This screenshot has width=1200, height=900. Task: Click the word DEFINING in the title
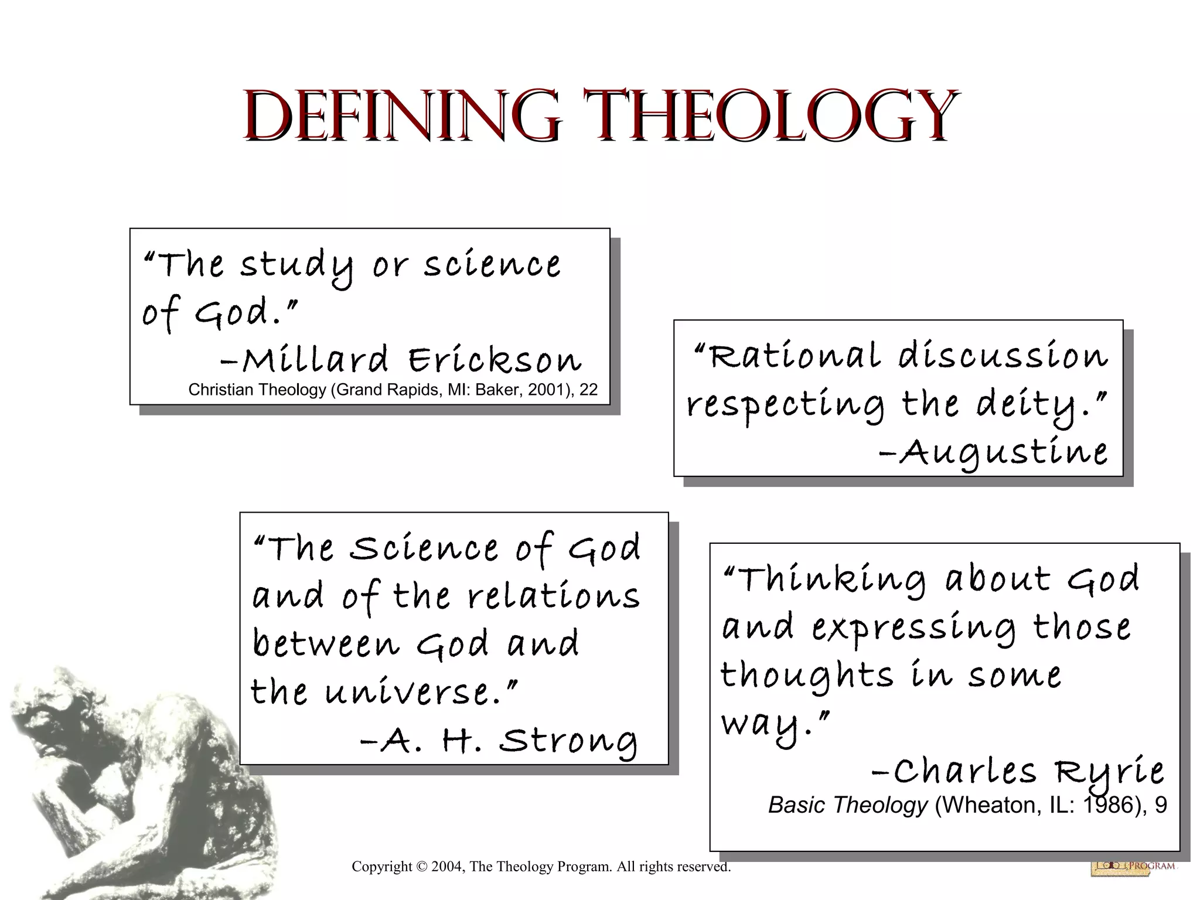pyautogui.click(x=401, y=115)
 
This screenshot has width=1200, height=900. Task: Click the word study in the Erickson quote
pyautogui.click(x=296, y=265)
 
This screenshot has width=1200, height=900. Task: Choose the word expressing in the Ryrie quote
pyautogui.click(x=913, y=628)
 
